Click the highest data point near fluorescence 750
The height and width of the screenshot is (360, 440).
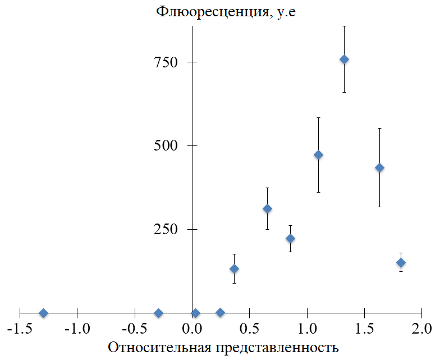344,60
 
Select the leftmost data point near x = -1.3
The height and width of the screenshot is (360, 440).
43,313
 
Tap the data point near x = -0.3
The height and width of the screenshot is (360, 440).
158,313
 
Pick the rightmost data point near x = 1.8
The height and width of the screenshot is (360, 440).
401,262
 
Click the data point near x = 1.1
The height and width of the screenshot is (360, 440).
318,154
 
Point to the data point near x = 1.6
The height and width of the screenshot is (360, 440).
379,167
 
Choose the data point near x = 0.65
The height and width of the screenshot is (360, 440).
267,209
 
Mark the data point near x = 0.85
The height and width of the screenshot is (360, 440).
290,238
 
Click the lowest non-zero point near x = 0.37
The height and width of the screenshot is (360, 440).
234,268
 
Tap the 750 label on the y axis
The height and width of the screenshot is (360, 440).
166,62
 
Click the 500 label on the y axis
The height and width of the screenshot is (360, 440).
166,146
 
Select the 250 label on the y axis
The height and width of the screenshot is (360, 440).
166,230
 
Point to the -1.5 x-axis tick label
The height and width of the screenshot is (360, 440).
19,327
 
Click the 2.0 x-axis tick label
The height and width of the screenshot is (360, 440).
421,327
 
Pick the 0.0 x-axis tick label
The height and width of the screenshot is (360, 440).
192,327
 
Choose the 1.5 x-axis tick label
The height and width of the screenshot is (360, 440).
364,327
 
